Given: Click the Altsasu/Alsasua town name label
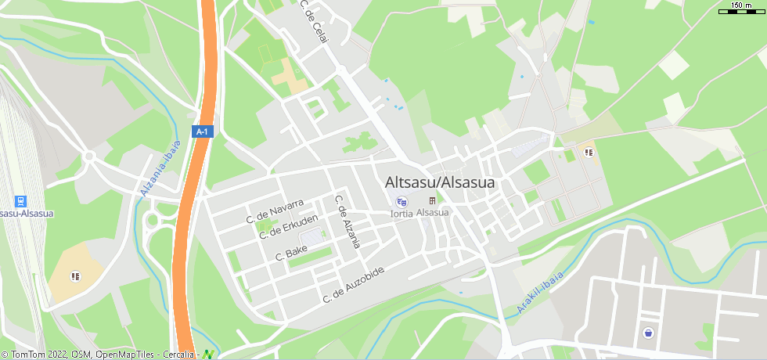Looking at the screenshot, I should [x=440, y=182].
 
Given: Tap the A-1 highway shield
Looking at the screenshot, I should [x=203, y=131].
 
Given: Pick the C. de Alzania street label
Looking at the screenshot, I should [x=347, y=221].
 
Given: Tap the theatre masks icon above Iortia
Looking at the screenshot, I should [x=402, y=202].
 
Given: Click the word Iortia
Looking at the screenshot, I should [x=402, y=213].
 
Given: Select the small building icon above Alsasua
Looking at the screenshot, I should [x=432, y=201].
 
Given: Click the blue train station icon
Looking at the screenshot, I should [x=21, y=200].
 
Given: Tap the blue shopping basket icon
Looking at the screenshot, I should [x=648, y=333].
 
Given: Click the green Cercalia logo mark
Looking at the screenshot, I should [x=208, y=354].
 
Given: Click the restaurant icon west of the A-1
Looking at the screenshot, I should [x=75, y=275].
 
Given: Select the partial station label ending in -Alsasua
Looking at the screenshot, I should [x=15, y=213].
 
